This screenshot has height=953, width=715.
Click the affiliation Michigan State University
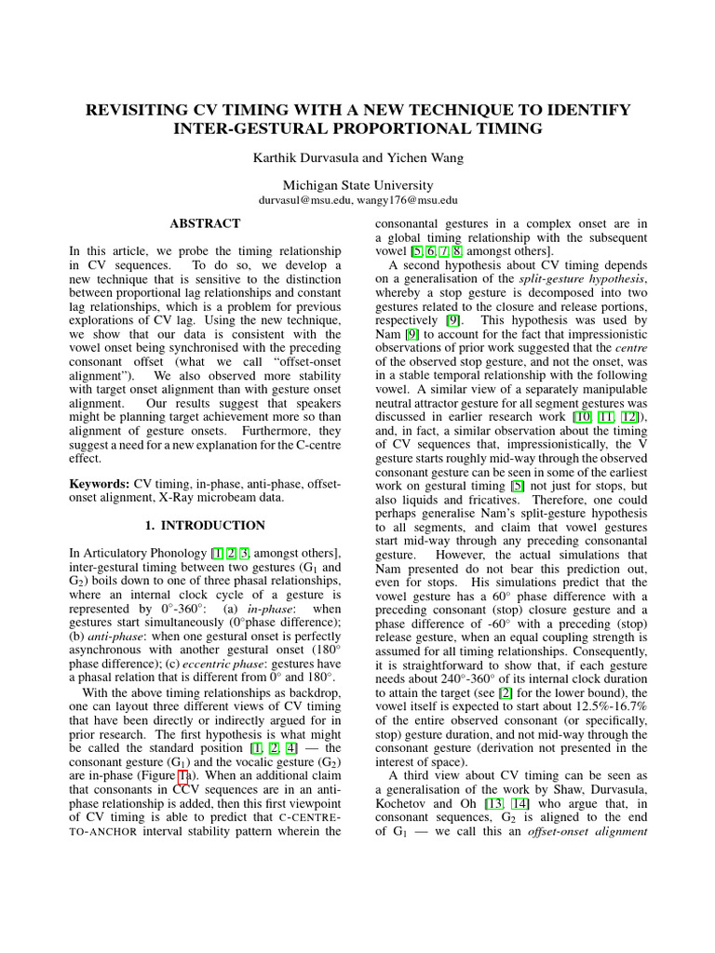pos(357,185)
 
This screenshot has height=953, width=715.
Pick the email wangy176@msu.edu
pos(412,200)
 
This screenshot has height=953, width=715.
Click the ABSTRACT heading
pos(205,224)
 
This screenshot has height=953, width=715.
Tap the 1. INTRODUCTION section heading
pos(205,526)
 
